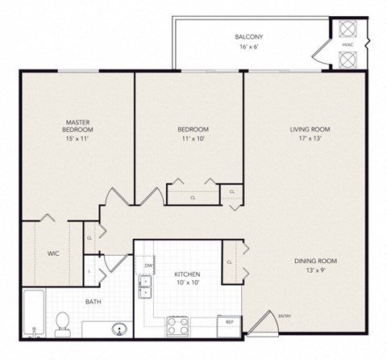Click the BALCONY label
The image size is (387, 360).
(x=248, y=37)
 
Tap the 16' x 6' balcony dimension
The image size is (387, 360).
(x=248, y=48)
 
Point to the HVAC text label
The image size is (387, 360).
(x=347, y=44)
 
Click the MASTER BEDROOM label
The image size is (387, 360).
(x=79, y=125)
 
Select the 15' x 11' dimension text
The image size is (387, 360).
(x=79, y=140)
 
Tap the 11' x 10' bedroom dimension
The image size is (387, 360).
(x=193, y=140)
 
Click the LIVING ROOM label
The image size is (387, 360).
(x=310, y=129)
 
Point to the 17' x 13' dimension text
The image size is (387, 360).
(x=310, y=140)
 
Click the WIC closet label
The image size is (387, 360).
(x=53, y=253)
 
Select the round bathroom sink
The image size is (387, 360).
(x=119, y=329)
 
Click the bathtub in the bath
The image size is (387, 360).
(x=32, y=313)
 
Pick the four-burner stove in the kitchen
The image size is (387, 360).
(x=177, y=326)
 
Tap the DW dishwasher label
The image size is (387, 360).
(x=149, y=264)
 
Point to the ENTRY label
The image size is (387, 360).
(x=285, y=316)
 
